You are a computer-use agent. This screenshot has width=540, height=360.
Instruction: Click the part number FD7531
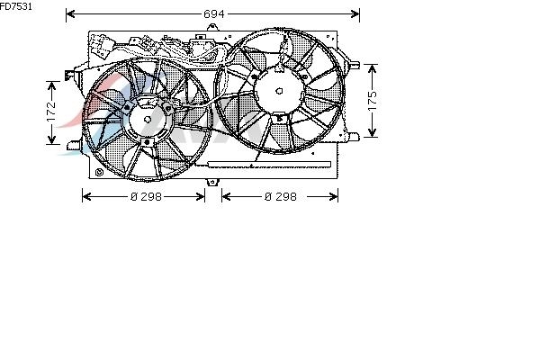[16, 6]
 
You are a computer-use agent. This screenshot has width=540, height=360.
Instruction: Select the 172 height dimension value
[51, 112]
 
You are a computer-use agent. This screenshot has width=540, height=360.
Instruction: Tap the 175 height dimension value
[373, 101]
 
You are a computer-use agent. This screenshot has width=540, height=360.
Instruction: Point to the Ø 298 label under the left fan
[146, 197]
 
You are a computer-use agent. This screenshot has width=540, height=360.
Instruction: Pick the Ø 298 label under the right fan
[280, 197]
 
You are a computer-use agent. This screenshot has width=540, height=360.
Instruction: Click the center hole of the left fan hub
[148, 120]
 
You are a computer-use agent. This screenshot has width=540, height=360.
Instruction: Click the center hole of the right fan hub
[279, 91]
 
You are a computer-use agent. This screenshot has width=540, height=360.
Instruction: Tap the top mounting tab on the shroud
[212, 27]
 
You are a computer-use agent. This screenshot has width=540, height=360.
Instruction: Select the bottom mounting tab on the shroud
[212, 182]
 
